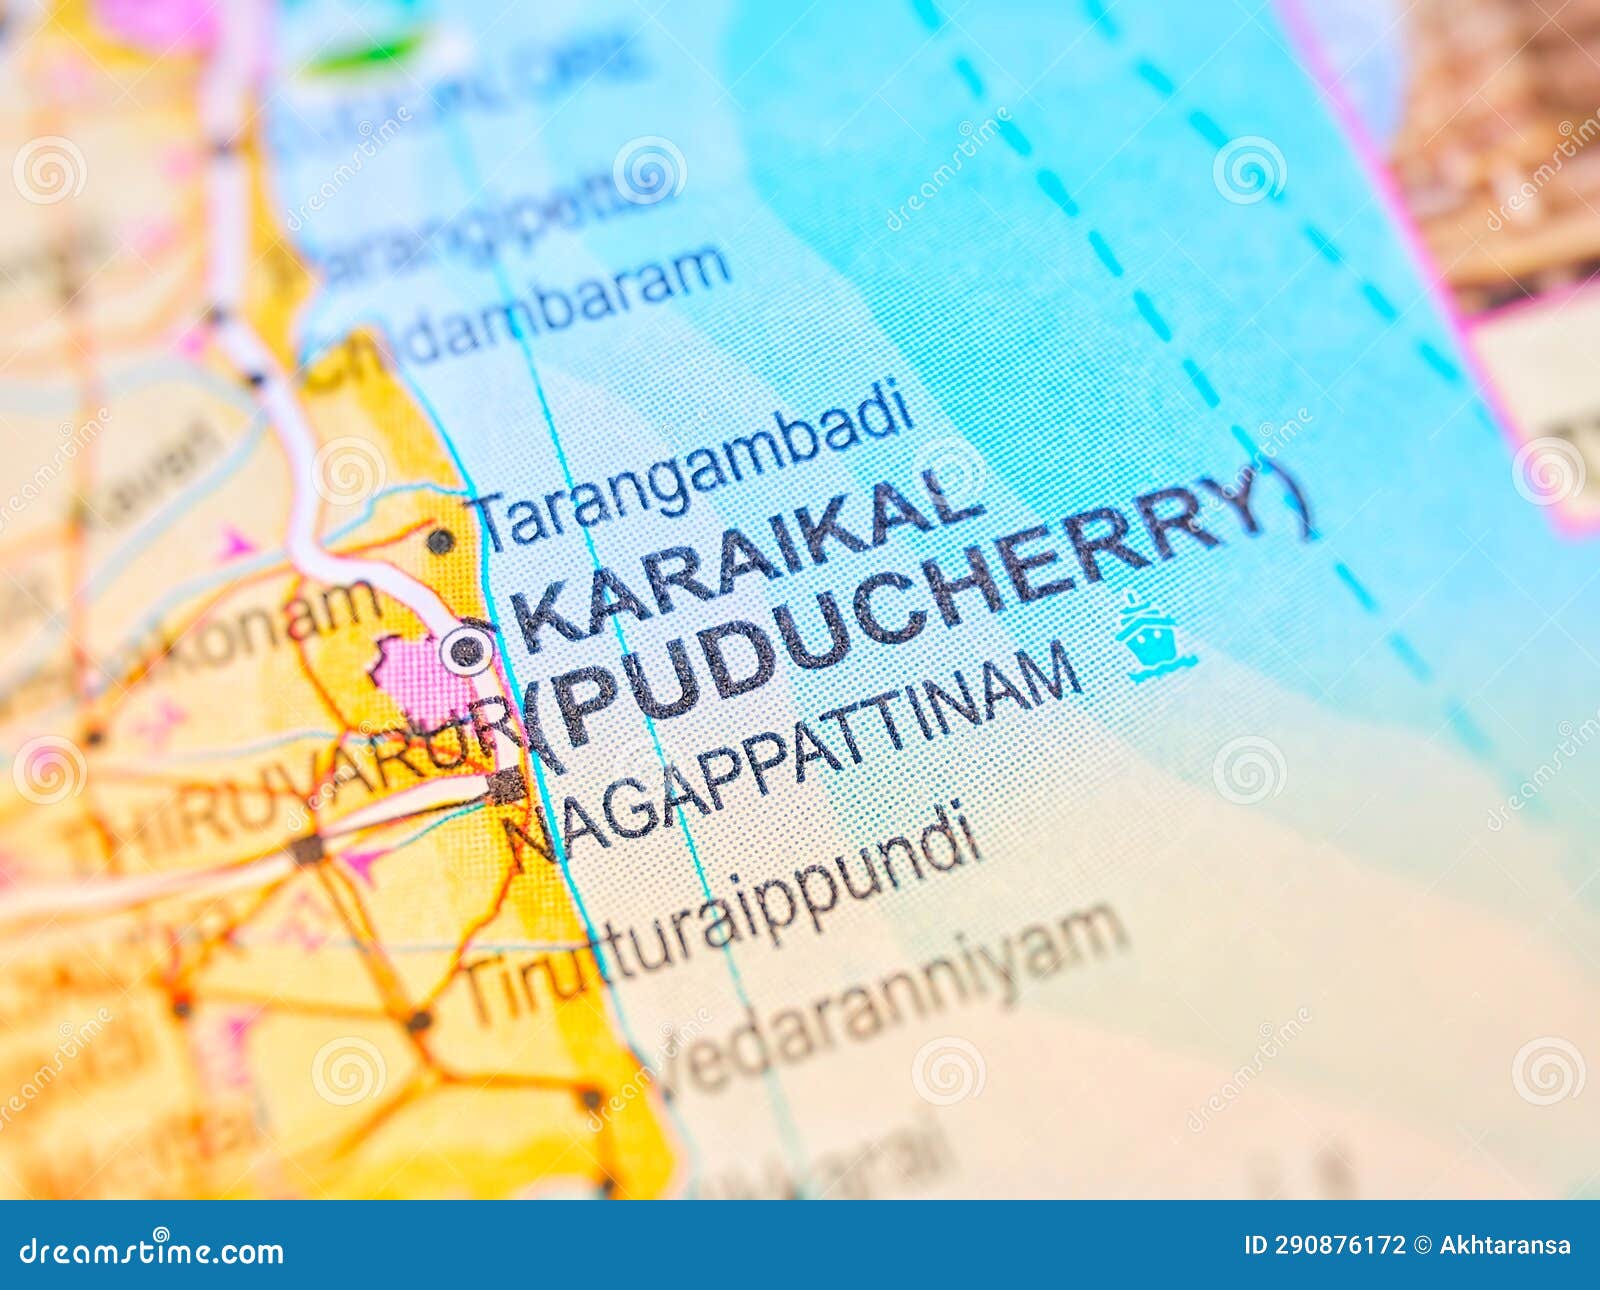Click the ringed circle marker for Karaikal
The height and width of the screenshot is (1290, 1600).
(x=466, y=652)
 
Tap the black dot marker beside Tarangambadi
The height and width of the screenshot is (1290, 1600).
(x=439, y=541)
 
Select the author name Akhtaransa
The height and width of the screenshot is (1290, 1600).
(x=1505, y=1246)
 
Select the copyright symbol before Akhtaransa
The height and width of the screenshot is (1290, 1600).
(x=1421, y=1246)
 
